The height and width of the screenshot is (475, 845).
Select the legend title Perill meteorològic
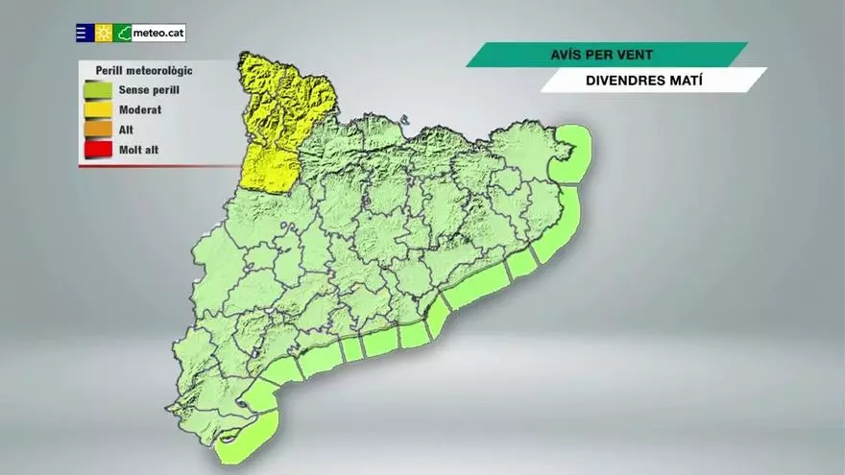click(144, 70)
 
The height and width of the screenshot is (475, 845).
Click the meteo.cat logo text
click(158, 33)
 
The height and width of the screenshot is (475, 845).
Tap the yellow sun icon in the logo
click(104, 33)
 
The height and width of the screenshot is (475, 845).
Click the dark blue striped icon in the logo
click(84, 33)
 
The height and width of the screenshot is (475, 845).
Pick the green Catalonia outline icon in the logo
click(123, 33)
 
